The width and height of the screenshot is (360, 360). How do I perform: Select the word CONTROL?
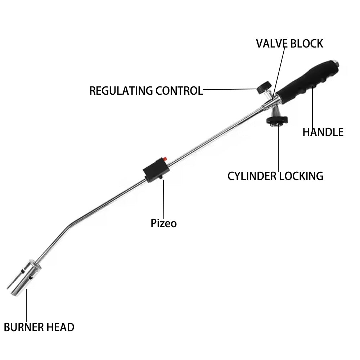[x=179, y=90]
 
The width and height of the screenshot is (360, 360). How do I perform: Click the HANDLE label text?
[x=323, y=132]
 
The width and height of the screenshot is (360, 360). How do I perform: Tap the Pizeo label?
[x=164, y=223]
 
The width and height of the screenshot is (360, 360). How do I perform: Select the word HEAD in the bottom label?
[x=60, y=327]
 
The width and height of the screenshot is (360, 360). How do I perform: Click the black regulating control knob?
[x=264, y=86]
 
